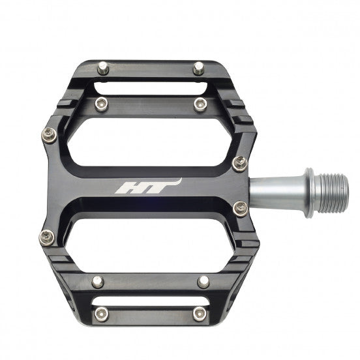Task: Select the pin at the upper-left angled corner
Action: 49,135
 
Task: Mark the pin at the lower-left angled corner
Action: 46,236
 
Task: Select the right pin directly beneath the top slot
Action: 200,103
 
